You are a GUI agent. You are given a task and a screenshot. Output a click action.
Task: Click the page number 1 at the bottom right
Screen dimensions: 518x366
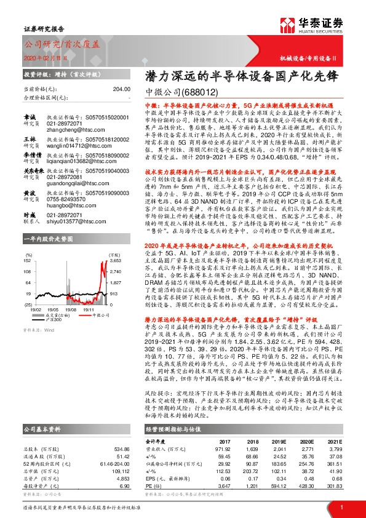coord(341,508)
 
